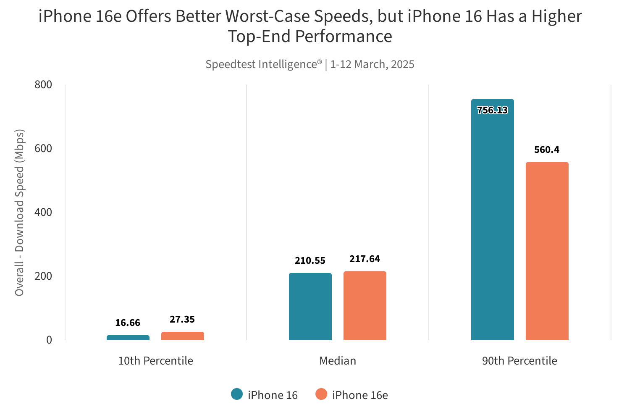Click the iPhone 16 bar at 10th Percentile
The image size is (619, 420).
click(x=128, y=338)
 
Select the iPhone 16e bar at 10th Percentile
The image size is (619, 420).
click(x=183, y=336)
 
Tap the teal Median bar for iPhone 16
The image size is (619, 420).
click(x=310, y=307)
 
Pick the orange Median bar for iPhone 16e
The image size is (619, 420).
click(x=365, y=306)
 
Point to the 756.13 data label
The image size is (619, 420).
click(x=493, y=110)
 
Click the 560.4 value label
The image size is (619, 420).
click(x=547, y=150)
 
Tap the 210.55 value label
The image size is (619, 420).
click(x=310, y=261)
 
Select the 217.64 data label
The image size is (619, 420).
click(x=365, y=259)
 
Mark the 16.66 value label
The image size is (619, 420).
click(x=128, y=323)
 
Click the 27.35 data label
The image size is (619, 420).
click(x=182, y=320)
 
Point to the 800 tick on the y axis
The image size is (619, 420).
click(x=43, y=85)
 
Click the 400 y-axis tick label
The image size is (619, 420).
click(x=43, y=213)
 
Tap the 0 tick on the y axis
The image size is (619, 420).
click(x=49, y=340)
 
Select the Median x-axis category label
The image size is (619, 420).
click(x=338, y=361)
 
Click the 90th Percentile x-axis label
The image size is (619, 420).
click(x=519, y=361)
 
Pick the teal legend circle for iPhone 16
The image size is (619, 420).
click(x=237, y=394)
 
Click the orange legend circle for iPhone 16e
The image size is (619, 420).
click(x=321, y=394)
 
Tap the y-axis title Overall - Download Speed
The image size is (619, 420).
click(x=19, y=213)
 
